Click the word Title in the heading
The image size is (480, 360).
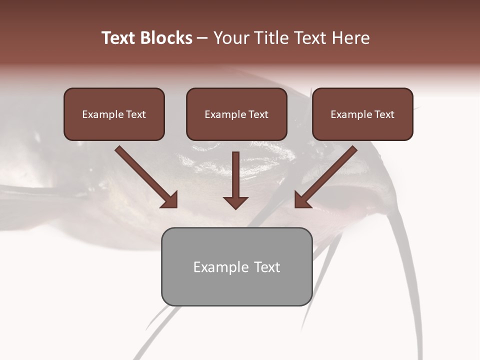pyautogui.click(x=270, y=38)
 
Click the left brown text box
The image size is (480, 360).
pyautogui.click(x=114, y=114)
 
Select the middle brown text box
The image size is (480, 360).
pyautogui.click(x=236, y=114)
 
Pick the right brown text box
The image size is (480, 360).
pyautogui.click(x=362, y=114)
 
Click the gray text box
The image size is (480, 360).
pyautogui.click(x=236, y=266)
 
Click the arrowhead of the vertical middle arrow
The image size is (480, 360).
pyautogui.click(x=235, y=202)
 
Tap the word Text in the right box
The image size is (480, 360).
pyautogui.click(x=384, y=114)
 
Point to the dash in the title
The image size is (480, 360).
pyautogui.click(x=203, y=38)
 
